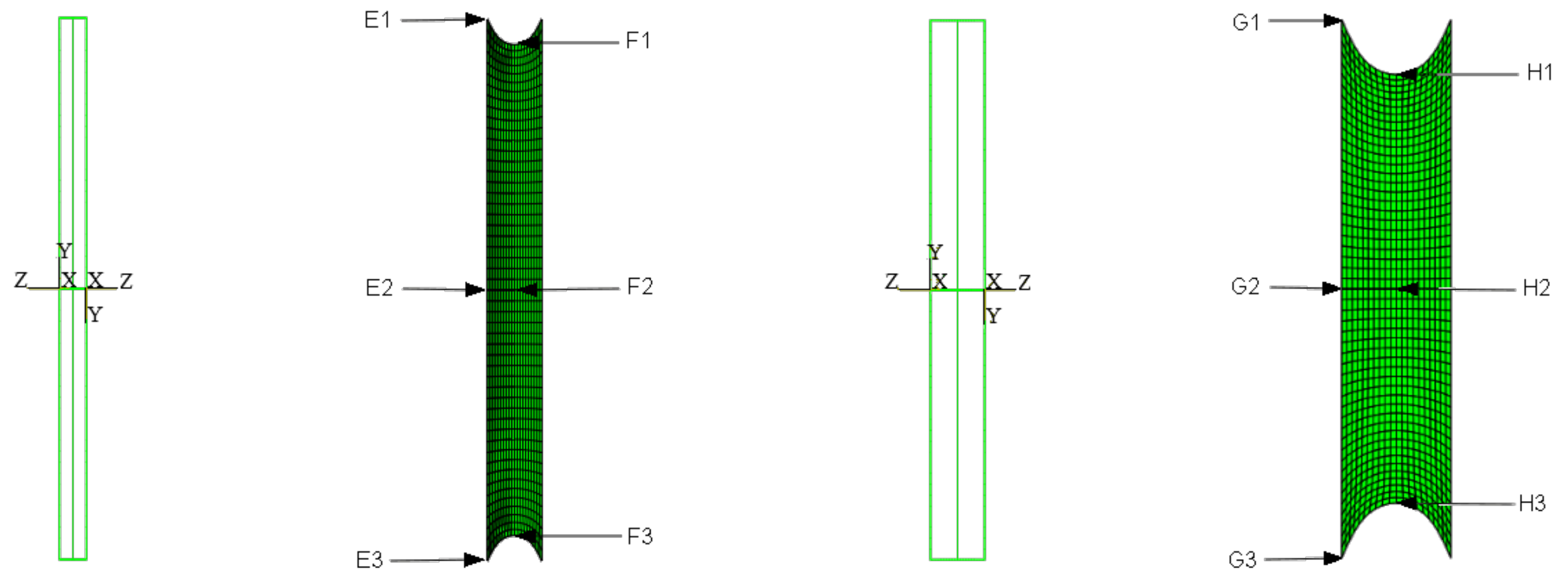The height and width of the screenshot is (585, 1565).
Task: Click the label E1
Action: [x=377, y=20]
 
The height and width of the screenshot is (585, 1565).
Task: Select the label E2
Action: [x=379, y=288]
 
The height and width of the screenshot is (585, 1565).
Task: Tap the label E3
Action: [x=369, y=559]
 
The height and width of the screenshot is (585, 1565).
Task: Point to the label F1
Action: [x=638, y=41]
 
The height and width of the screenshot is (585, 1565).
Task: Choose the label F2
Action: [x=640, y=286]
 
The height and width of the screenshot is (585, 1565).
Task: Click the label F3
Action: [x=640, y=536]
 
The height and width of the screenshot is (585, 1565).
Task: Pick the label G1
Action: [x=1246, y=22]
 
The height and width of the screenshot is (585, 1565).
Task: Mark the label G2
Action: [x=1245, y=286]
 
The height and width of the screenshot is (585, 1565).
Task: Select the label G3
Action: [x=1242, y=559]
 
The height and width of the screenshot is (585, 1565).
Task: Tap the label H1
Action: [x=1539, y=73]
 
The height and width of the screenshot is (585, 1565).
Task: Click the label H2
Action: [x=1537, y=288]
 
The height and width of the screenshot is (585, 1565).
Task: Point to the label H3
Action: [x=1532, y=503]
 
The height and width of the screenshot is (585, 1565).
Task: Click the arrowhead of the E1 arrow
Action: [x=476, y=19]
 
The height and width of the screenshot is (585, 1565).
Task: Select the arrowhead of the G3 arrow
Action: [x=1333, y=558]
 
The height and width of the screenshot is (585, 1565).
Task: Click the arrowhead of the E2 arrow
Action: [x=476, y=289]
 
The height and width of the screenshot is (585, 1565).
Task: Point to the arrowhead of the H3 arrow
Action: [x=1408, y=503]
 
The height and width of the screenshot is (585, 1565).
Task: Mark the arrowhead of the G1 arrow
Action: [x=1333, y=20]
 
